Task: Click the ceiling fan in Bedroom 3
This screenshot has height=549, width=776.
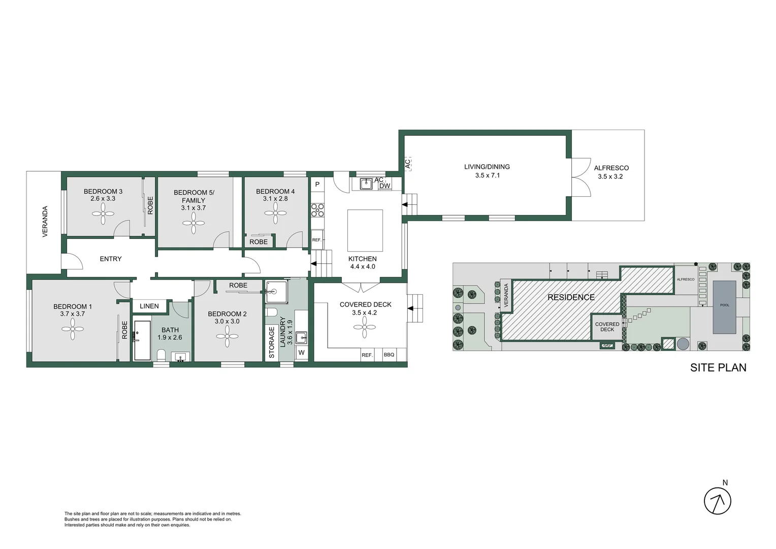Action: (x=103, y=213)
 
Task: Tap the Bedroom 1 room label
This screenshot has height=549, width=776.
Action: (x=73, y=307)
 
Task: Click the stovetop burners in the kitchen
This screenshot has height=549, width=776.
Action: (x=317, y=210)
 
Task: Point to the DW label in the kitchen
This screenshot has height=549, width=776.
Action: (x=385, y=186)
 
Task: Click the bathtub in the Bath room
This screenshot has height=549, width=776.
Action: (x=142, y=340)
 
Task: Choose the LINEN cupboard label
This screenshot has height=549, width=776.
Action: (x=149, y=306)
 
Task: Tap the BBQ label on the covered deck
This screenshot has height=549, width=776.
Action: (x=389, y=355)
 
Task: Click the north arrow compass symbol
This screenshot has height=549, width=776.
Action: (x=717, y=501)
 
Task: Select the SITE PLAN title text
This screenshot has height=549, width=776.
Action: (x=718, y=368)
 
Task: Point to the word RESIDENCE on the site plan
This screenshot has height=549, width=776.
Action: (x=571, y=297)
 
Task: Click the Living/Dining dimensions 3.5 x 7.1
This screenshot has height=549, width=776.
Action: (x=487, y=175)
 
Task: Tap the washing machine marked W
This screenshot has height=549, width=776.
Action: (x=301, y=353)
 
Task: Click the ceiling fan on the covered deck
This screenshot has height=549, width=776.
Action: (x=365, y=327)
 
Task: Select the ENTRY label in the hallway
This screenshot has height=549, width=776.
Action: (x=111, y=259)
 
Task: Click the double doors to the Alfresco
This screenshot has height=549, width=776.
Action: (x=581, y=177)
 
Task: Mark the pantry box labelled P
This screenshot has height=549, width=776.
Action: (x=317, y=185)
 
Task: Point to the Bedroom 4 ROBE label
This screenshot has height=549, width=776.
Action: (x=258, y=242)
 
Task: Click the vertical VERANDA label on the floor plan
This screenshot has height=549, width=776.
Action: (x=45, y=221)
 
